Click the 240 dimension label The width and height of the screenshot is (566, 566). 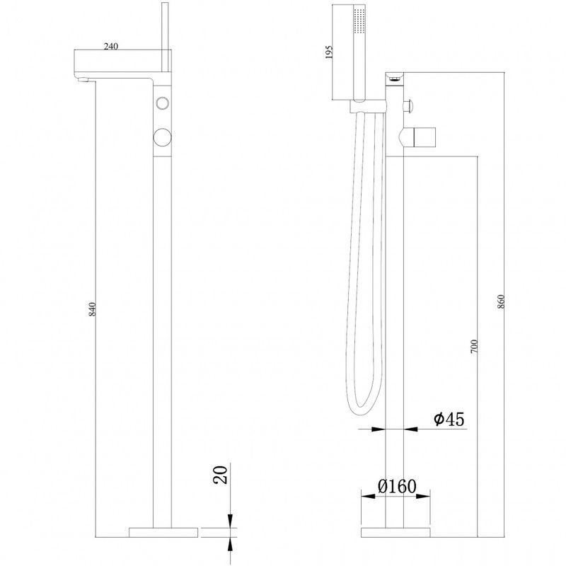click(111, 46)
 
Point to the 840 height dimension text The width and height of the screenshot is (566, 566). click(93, 309)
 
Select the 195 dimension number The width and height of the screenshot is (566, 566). click(328, 52)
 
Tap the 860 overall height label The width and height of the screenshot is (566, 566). click(500, 301)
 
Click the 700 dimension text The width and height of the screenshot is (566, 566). click(474, 346)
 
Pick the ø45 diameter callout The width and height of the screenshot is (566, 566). click(449, 419)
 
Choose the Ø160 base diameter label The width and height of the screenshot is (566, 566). click(397, 486)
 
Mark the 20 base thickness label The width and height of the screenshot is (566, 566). click(221, 475)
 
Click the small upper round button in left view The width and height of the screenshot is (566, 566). click(163, 103)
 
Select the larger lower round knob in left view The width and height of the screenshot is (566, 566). click(163, 137)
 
